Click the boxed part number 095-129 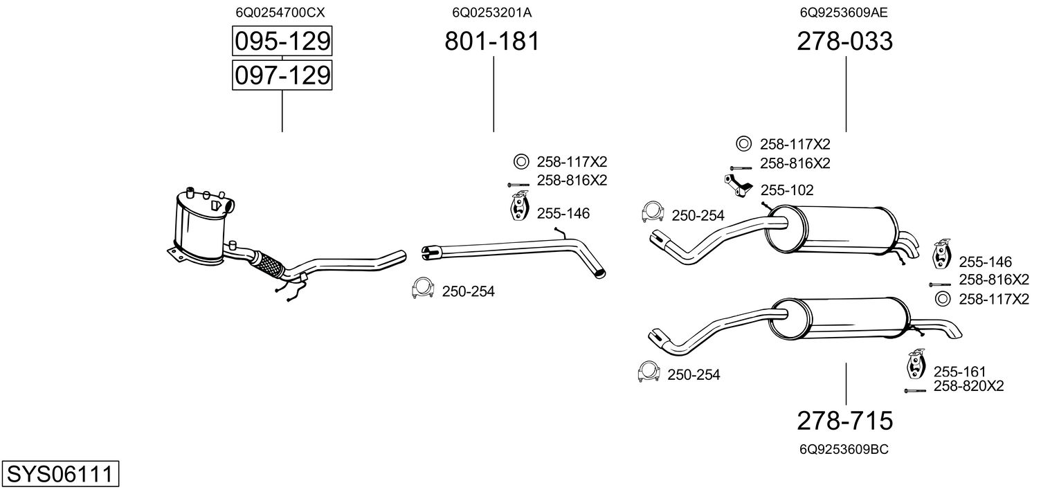coord(282,42)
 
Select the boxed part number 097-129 coord(282,75)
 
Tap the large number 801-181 coord(492,42)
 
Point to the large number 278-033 coord(845,42)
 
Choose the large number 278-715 coord(845,420)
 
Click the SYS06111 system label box coord(60,475)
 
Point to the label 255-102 coord(787,190)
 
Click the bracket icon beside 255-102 coord(737,185)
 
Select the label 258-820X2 coord(968,386)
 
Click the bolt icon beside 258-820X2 coord(915,391)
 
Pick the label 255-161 coord(959,372)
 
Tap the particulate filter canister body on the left coord(199,228)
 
